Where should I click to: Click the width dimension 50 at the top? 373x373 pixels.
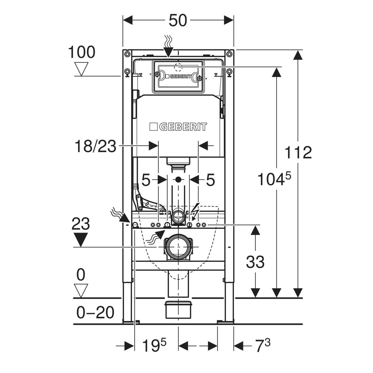tap(178, 21)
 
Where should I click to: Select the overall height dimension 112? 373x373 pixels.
tap(298, 153)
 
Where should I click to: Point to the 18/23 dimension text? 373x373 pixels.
tap(96, 146)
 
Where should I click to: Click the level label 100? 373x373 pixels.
tap(82, 52)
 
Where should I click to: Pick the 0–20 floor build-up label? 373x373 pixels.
tap(96, 313)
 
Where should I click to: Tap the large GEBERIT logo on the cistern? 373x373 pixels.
tap(178, 127)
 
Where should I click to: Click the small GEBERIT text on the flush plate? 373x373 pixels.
tap(181, 76)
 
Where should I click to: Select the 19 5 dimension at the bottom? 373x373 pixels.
tap(154, 346)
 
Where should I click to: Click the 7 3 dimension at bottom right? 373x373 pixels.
tap(263, 346)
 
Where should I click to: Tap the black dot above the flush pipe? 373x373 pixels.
tap(178, 179)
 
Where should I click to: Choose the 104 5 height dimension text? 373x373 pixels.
tap(274, 179)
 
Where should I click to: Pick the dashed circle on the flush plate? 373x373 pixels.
tap(178, 67)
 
